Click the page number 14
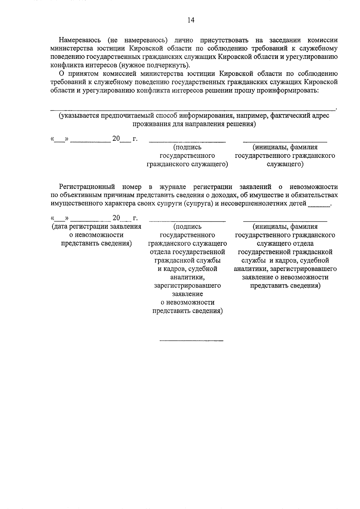(x=191, y=20)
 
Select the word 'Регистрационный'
(x=87, y=187)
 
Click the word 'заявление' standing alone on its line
(x=187, y=294)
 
